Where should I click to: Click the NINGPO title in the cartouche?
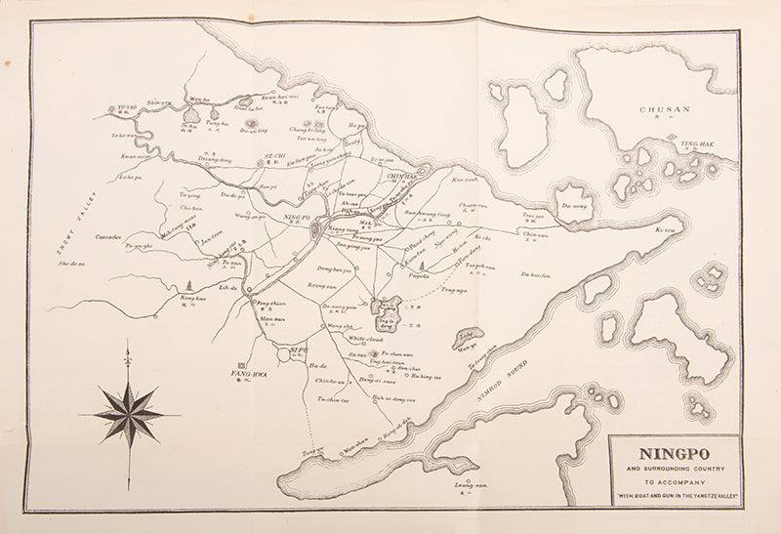click(675, 454)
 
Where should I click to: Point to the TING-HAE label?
click(700, 144)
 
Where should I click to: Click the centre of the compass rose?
click(128, 414)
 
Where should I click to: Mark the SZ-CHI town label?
click(273, 156)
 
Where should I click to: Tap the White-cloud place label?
click(367, 339)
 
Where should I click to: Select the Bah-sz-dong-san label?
click(395, 398)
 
